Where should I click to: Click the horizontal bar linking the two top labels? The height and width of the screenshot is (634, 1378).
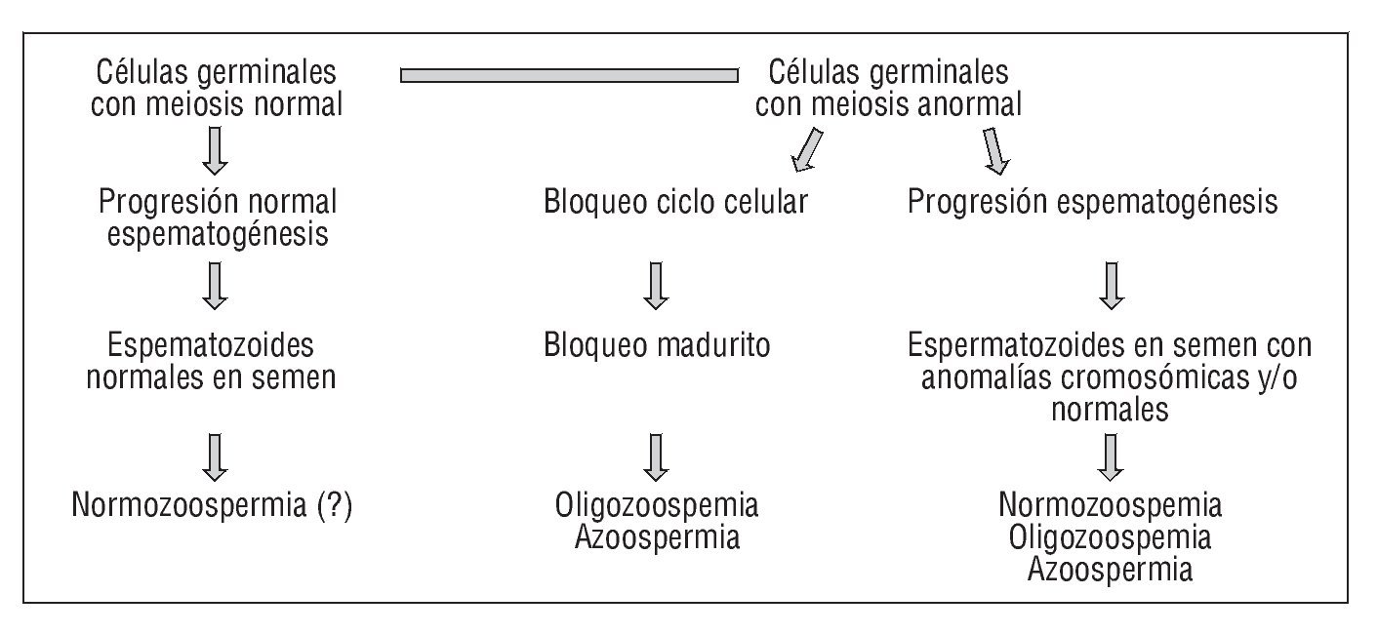tap(569, 74)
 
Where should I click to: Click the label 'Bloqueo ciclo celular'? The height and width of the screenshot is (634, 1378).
tap(675, 203)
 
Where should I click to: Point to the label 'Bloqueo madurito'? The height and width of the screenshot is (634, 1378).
tap(657, 346)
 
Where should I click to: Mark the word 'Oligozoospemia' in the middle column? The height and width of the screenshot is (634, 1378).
tap(657, 506)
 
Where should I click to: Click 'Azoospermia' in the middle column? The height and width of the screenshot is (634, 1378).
tap(657, 537)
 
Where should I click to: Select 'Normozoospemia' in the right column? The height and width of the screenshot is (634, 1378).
tap(1110, 506)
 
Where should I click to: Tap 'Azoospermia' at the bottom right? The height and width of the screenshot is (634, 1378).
tap(1110, 569)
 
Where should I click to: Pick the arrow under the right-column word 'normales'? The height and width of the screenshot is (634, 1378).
tap(1110, 456)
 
